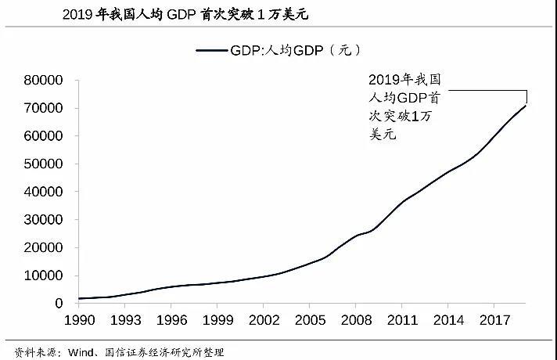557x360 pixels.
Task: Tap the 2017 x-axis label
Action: pos(496,320)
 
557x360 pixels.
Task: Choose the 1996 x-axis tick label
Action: pos(173,320)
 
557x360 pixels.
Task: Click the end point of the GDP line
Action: pos(526,105)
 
